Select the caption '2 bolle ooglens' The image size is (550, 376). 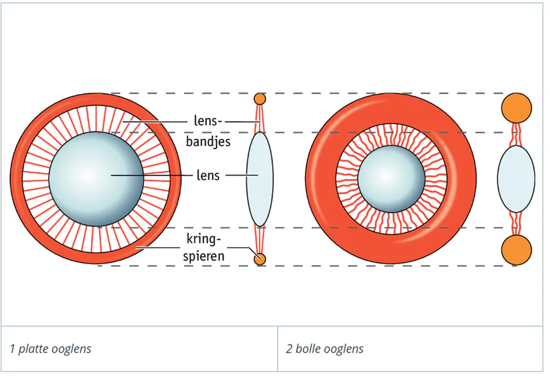(x=324, y=349)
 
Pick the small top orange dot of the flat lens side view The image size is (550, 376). (x=260, y=98)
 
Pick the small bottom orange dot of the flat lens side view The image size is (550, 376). (x=260, y=259)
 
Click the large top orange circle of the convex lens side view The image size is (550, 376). (x=516, y=107)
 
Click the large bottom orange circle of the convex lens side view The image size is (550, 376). (x=516, y=250)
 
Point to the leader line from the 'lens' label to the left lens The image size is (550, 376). (x=153, y=176)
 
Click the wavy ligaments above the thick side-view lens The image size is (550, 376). (x=516, y=134)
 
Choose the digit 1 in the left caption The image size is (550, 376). (x=12, y=349)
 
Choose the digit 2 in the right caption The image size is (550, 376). (x=288, y=349)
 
